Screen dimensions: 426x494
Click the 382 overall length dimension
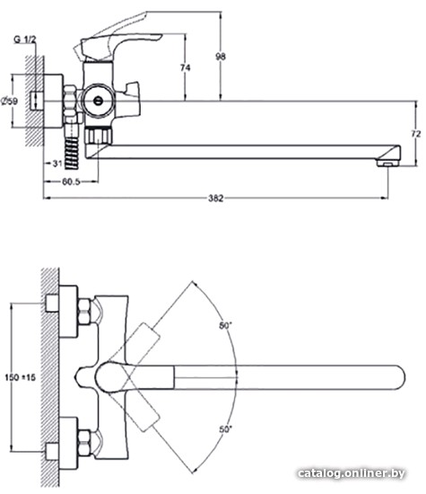216,198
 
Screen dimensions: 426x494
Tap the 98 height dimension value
221,57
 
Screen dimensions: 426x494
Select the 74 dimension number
186,67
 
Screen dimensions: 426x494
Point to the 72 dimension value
416,134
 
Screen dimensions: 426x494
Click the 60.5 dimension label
71,181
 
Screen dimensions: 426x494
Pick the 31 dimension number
57,163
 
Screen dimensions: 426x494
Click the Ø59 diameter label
10,101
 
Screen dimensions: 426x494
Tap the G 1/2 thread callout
25,40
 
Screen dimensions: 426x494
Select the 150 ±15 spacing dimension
21,377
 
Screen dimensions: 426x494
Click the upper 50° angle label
226,326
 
